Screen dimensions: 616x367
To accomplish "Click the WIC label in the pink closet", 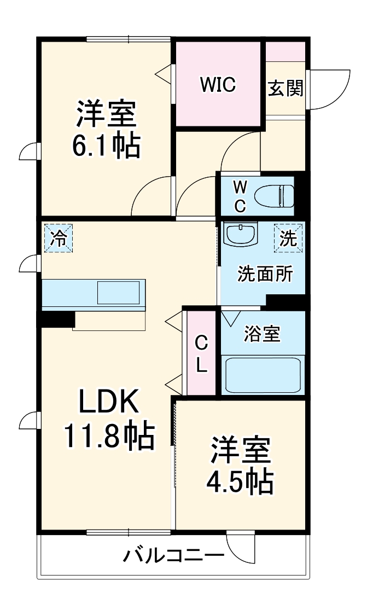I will (x=217, y=84).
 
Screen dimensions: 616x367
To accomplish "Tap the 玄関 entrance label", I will (x=285, y=88).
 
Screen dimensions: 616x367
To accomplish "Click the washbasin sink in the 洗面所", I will (x=241, y=234).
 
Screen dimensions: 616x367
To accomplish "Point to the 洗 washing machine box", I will (x=288, y=239).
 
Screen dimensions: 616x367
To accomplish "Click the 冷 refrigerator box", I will (x=57, y=239).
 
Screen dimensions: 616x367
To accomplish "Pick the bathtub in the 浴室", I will (x=263, y=374).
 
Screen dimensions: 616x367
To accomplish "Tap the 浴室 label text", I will (x=263, y=334).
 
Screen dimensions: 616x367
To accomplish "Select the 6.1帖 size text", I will (x=106, y=146).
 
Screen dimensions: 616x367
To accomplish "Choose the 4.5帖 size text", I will (x=239, y=481).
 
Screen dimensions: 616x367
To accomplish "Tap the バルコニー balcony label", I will (x=173, y=557).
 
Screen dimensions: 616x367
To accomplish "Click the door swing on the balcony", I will (x=241, y=547).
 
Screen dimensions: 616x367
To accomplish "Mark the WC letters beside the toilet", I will (x=240, y=196).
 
